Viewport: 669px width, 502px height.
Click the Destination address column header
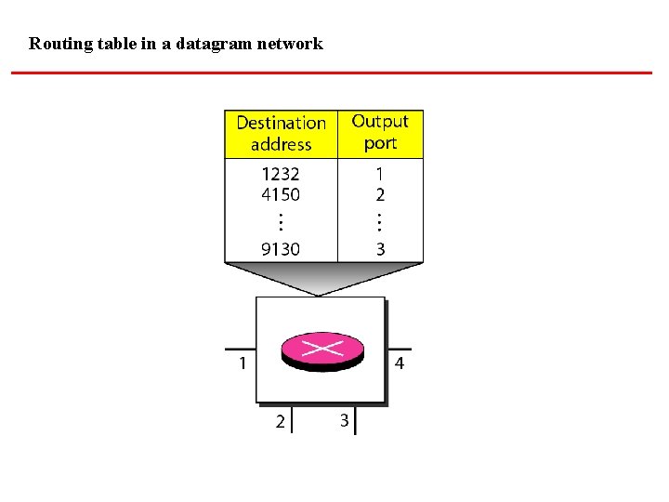tap(281, 134)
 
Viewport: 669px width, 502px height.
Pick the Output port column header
tap(380, 132)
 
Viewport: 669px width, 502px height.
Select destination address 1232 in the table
tap(281, 174)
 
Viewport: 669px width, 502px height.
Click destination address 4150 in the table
tap(281, 195)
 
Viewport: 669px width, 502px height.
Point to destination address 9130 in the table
tap(281, 249)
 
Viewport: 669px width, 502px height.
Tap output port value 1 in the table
tap(380, 174)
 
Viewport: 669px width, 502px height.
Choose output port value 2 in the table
tap(380, 195)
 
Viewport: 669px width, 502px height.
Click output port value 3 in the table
tap(380, 249)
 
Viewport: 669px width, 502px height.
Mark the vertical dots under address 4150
tap(281, 221)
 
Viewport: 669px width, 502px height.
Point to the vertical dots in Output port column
tap(380, 221)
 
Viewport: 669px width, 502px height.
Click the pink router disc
tap(321, 350)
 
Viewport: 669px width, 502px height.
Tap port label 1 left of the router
tap(243, 363)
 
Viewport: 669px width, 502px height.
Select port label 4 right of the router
tap(400, 363)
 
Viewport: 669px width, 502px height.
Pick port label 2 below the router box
tap(281, 422)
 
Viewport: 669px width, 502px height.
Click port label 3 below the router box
tap(344, 421)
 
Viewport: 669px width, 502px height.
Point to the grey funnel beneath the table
tap(321, 278)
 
